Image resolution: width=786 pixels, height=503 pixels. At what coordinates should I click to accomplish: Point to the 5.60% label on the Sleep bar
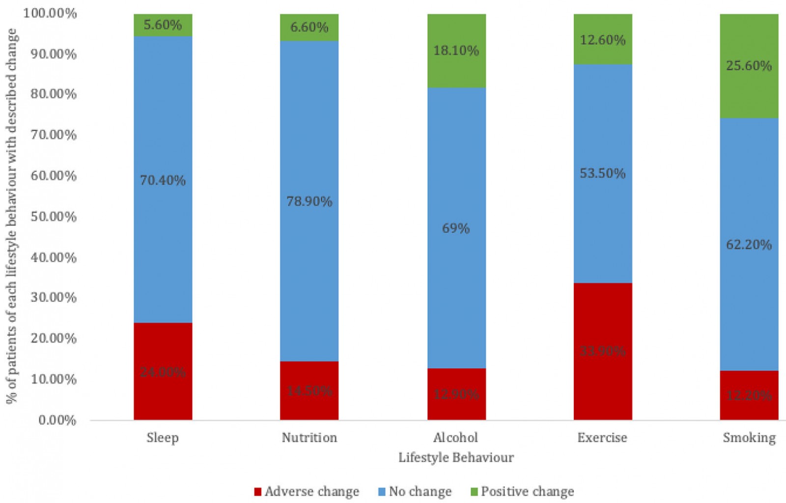pyautogui.click(x=163, y=25)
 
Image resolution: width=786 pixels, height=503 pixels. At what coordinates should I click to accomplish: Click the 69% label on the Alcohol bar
pyautogui.click(x=456, y=228)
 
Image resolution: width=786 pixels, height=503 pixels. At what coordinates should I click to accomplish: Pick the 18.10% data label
pyautogui.click(x=456, y=51)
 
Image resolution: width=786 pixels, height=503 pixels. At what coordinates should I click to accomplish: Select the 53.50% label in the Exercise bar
pyautogui.click(x=602, y=173)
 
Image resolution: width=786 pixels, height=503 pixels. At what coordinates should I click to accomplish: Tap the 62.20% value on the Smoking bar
pyautogui.click(x=749, y=245)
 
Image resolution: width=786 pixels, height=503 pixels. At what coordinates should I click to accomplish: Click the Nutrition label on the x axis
pyautogui.click(x=309, y=438)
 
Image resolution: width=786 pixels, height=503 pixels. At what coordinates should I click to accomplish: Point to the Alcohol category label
pyautogui.click(x=456, y=438)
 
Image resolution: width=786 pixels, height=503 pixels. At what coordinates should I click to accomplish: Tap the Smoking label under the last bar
pyautogui.click(x=749, y=438)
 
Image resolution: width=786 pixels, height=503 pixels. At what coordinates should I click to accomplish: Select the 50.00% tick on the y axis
pyautogui.click(x=54, y=217)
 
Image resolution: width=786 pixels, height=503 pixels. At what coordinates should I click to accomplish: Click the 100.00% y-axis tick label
pyautogui.click(x=50, y=13)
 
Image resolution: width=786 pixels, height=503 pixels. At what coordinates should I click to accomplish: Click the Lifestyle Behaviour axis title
pyautogui.click(x=456, y=458)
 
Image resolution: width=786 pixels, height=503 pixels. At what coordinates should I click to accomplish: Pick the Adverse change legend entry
pyautogui.click(x=307, y=492)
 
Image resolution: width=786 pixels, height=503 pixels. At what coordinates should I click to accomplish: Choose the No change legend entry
pyautogui.click(x=415, y=492)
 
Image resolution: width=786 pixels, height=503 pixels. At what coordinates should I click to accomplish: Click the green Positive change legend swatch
pyautogui.click(x=474, y=492)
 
